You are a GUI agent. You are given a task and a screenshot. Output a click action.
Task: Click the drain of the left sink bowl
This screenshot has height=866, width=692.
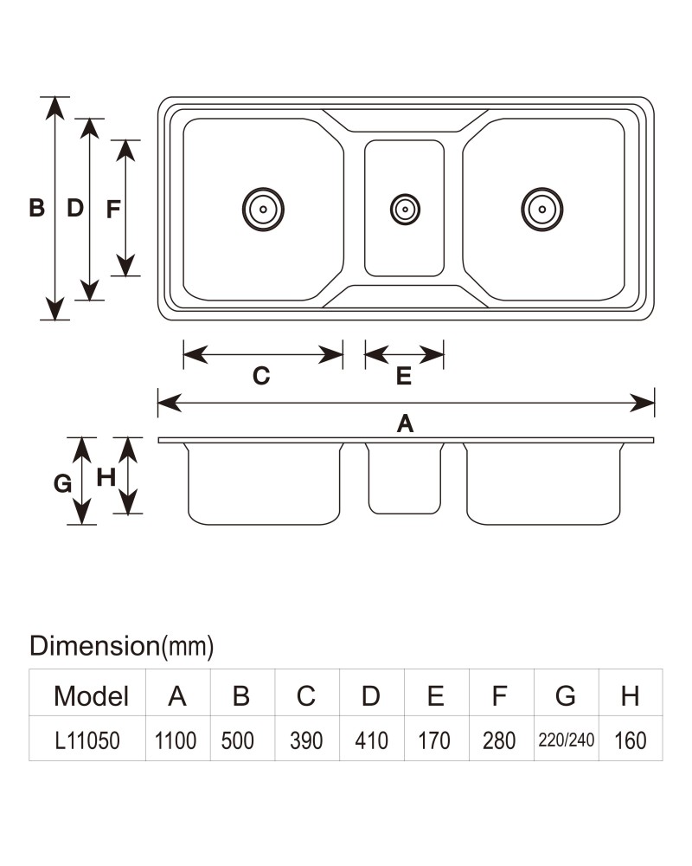(263, 210)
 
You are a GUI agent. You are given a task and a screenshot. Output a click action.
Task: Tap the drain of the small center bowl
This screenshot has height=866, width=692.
(405, 210)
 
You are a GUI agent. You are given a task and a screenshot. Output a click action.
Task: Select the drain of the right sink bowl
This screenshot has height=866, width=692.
(541, 210)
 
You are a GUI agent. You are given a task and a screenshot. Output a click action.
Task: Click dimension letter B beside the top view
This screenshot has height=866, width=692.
(36, 208)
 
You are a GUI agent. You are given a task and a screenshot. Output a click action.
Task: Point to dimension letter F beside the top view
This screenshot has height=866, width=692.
(113, 210)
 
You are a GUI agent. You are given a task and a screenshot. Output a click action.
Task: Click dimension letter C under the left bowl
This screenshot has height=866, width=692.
(261, 376)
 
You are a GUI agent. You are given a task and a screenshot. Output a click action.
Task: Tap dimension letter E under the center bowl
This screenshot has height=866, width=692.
(404, 376)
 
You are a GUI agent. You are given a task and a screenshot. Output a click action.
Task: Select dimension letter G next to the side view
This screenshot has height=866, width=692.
(62, 484)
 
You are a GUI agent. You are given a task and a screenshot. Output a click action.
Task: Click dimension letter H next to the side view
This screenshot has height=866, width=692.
(106, 478)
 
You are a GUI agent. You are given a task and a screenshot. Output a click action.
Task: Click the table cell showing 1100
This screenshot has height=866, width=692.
(176, 740)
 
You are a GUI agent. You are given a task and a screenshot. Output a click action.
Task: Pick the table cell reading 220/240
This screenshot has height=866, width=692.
(567, 740)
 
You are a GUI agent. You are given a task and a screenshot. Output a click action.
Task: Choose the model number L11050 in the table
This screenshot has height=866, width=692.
(87, 740)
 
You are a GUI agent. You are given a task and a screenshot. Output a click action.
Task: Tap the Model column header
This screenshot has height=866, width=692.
(91, 696)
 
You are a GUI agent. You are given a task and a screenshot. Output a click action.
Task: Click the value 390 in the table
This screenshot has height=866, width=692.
(306, 740)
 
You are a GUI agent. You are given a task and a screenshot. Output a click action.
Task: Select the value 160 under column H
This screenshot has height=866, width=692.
(631, 740)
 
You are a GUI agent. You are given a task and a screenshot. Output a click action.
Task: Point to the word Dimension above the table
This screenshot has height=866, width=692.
(94, 646)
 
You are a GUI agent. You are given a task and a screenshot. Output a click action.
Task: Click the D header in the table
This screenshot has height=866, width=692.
(371, 696)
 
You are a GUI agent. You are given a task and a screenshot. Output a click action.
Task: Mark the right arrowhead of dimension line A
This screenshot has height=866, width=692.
(643, 404)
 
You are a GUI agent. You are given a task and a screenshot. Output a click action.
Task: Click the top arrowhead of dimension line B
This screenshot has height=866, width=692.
(54, 108)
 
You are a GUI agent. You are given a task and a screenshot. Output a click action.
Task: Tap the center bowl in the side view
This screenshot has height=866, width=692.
(405, 478)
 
